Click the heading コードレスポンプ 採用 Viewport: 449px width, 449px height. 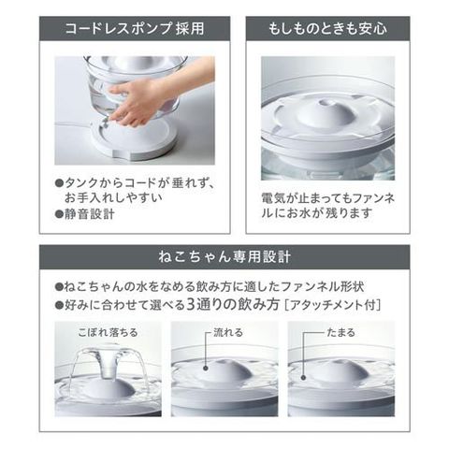tap(135, 29)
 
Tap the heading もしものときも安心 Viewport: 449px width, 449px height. tap(327, 29)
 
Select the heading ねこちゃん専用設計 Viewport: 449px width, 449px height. tap(224, 257)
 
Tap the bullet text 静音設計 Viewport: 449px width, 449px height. tap(90, 214)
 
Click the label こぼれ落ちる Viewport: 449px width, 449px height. tap(108, 332)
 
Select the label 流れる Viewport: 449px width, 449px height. tap(228, 332)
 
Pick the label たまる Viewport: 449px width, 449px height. tap(340, 332)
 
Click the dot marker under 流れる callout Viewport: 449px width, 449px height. tap(206, 368)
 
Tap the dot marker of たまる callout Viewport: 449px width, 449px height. tap(303, 378)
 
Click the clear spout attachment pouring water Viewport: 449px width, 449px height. tap(108, 362)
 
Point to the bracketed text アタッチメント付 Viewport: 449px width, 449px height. tap(333, 305)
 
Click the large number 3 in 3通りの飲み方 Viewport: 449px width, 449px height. tap(191, 304)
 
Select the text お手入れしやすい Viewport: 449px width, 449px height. tap(113, 198)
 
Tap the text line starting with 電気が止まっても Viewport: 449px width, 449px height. tap(328, 198)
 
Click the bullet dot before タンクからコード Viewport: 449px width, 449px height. tap(59, 182)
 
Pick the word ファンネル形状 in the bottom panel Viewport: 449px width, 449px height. tap(322, 286)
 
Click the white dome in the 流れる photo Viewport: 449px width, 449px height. tap(225, 371)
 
